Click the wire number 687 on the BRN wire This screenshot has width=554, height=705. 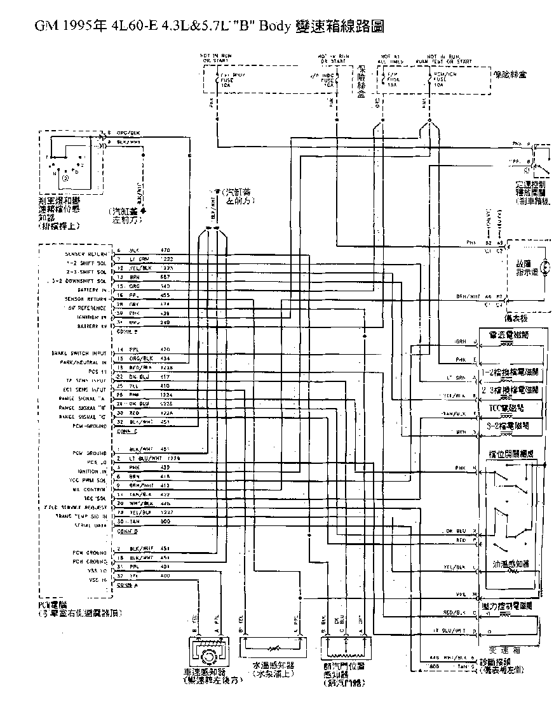[x=165, y=278]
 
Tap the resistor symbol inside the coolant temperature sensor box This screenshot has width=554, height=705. [x=273, y=649]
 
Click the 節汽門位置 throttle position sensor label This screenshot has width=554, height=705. [x=344, y=666]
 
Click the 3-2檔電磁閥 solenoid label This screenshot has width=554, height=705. [x=508, y=426]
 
